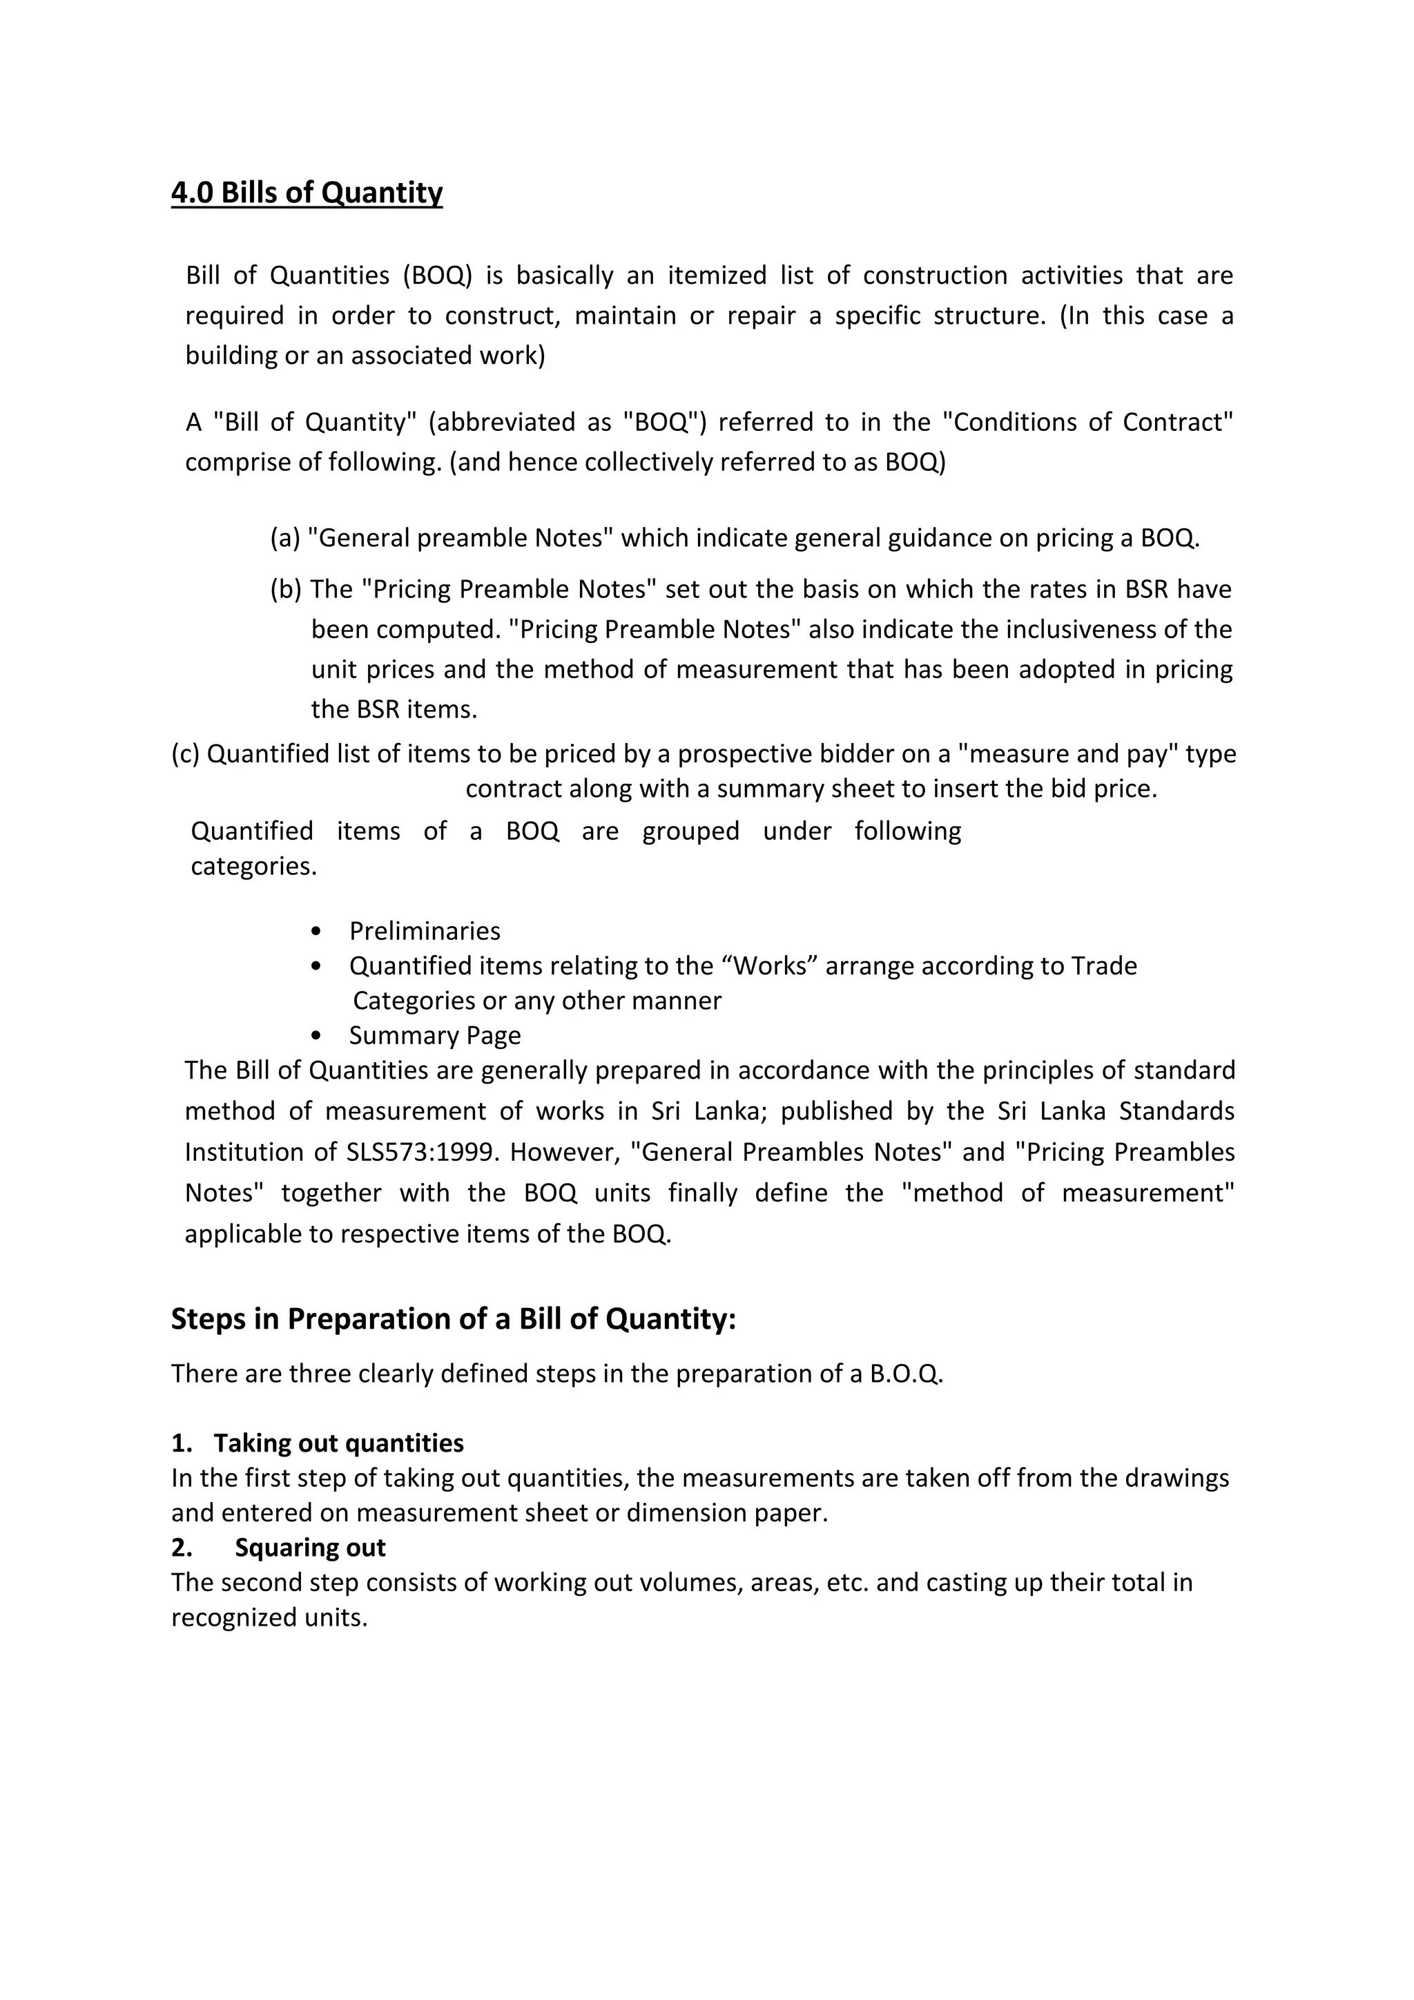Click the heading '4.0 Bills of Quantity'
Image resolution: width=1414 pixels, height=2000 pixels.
click(x=307, y=193)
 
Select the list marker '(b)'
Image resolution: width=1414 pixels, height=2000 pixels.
click(x=286, y=590)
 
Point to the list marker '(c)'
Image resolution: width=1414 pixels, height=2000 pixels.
click(x=186, y=753)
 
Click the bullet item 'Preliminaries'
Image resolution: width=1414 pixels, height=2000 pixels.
click(x=424, y=931)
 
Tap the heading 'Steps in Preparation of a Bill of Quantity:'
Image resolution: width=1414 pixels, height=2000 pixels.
click(x=453, y=1319)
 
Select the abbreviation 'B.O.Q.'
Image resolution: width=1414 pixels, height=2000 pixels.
click(x=906, y=1374)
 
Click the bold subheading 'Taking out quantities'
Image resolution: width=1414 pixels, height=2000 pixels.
click(x=339, y=1443)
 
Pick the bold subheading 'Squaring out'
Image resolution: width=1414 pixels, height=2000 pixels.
click(x=310, y=1548)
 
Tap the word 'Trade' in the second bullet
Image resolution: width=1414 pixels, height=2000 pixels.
click(x=1104, y=966)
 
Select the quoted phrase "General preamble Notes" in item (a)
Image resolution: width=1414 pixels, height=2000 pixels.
click(x=461, y=538)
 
